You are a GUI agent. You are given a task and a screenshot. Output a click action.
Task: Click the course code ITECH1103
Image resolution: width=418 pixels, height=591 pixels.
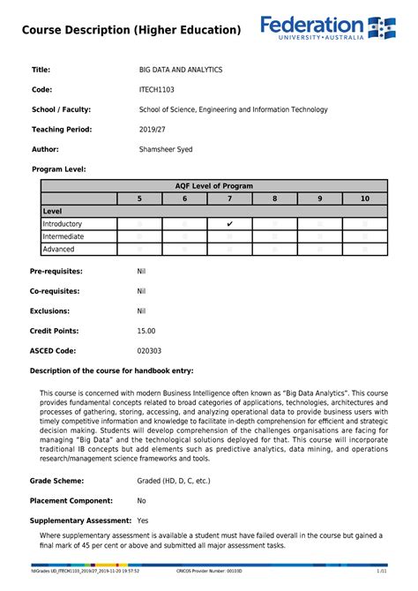157,89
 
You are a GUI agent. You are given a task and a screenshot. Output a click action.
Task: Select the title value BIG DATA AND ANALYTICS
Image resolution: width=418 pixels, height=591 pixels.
181,69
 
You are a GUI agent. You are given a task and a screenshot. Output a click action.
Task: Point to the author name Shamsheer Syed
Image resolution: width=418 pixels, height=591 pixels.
166,149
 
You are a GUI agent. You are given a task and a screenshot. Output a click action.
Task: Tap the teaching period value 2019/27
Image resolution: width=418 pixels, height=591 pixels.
153,129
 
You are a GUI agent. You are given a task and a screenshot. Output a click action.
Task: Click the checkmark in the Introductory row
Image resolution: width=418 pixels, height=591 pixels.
229,224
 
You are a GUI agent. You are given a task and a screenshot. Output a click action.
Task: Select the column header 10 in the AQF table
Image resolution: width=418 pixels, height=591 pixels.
364,199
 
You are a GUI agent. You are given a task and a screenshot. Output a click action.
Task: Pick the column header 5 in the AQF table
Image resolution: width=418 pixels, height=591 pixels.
139,199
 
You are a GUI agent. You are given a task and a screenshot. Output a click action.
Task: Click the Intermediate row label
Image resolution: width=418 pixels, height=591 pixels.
63,236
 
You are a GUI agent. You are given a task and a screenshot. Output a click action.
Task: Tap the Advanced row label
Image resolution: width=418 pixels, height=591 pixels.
59,250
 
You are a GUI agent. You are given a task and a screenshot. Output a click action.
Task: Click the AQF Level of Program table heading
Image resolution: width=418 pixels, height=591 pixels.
214,186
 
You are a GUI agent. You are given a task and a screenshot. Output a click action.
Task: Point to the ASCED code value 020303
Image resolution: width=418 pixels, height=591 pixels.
149,351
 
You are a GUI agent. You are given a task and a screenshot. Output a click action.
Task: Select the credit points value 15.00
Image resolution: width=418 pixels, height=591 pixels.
146,331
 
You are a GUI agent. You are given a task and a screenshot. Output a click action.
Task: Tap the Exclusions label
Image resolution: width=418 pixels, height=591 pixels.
49,310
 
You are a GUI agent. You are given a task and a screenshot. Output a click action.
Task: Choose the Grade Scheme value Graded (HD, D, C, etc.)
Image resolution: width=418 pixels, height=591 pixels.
174,481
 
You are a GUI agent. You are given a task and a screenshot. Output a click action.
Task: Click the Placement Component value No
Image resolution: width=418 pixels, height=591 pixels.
142,501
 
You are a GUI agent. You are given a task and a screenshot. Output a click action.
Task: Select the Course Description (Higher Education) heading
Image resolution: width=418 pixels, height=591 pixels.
131,30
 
